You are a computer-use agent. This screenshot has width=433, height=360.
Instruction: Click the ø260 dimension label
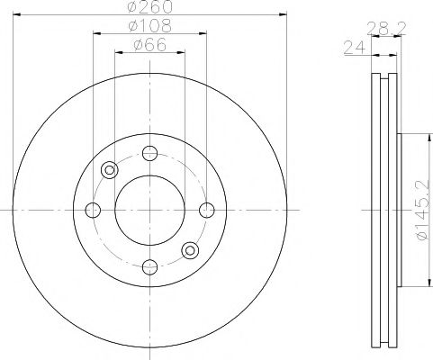click(149, 9)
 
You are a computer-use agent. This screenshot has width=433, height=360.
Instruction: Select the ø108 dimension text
click(149, 27)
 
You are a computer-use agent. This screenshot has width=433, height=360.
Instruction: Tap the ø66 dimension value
click(149, 45)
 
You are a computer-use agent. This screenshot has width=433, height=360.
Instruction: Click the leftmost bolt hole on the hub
click(92, 210)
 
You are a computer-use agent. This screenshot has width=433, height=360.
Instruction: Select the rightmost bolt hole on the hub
click(206, 210)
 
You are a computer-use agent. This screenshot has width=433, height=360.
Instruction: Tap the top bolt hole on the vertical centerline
click(149, 153)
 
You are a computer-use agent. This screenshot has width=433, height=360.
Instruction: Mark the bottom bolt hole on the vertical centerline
click(149, 266)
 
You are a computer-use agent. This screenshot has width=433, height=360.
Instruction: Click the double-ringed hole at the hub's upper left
click(110, 169)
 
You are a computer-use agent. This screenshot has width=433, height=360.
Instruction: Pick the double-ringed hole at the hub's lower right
click(189, 250)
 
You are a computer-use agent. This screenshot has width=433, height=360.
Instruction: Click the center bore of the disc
click(149, 210)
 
